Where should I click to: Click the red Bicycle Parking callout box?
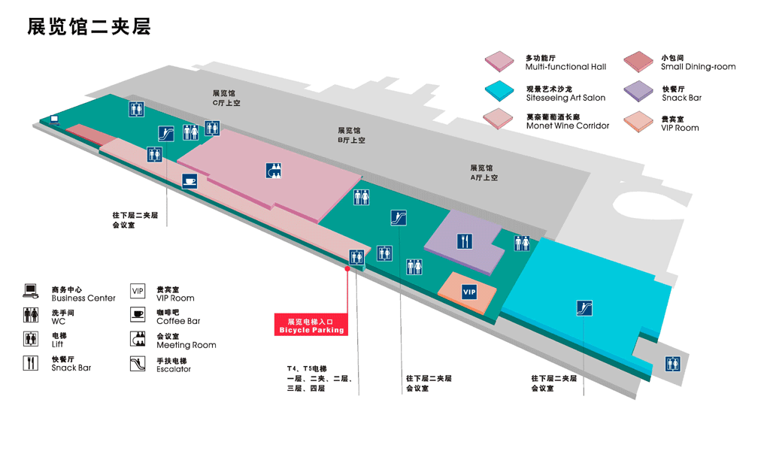pos(311,325)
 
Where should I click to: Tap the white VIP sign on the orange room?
pos(469,292)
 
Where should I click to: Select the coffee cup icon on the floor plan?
pos(189,181)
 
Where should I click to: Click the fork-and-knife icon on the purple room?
pos(465,241)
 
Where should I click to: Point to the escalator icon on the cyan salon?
pos(584,307)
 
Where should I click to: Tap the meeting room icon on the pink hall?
pos(274,171)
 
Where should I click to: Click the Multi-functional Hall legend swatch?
pos(499,61)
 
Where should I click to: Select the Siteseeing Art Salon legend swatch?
pos(499,92)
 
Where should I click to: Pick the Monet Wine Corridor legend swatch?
pos(499,120)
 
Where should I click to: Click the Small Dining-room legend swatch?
pos(638,61)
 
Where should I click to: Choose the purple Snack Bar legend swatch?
pos(638,92)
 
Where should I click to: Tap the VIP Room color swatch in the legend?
pos(638,121)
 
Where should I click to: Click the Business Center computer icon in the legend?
pos(31,292)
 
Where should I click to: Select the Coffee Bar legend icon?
pos(138,315)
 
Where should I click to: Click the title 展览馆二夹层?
pos(89,26)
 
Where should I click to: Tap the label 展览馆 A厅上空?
pos(483,173)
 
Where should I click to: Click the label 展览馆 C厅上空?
pos(226,98)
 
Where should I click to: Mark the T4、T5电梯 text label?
pos(306,368)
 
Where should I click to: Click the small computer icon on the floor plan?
pos(54,119)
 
